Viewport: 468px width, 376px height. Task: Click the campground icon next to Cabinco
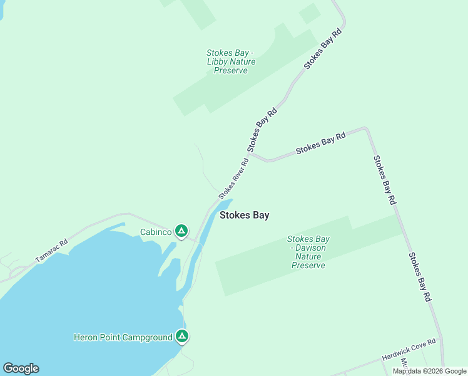(181, 232)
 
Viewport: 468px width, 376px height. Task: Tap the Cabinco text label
(155, 232)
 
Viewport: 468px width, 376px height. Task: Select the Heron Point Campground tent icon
(181, 337)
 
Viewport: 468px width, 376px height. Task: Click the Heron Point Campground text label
(123, 338)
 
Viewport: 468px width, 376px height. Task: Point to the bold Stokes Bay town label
(245, 215)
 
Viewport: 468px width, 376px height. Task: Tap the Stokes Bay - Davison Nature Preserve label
(308, 252)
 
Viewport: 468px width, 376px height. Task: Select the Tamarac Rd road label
(51, 251)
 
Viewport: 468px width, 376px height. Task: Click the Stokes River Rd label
(233, 179)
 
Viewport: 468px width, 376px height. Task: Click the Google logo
(21, 368)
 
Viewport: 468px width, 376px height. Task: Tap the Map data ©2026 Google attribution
(429, 371)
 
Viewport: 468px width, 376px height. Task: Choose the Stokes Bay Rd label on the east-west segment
(320, 144)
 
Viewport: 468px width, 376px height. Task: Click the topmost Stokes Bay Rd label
(324, 48)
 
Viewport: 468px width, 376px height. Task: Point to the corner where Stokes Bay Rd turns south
(366, 129)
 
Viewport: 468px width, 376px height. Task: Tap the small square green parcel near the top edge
(309, 13)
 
